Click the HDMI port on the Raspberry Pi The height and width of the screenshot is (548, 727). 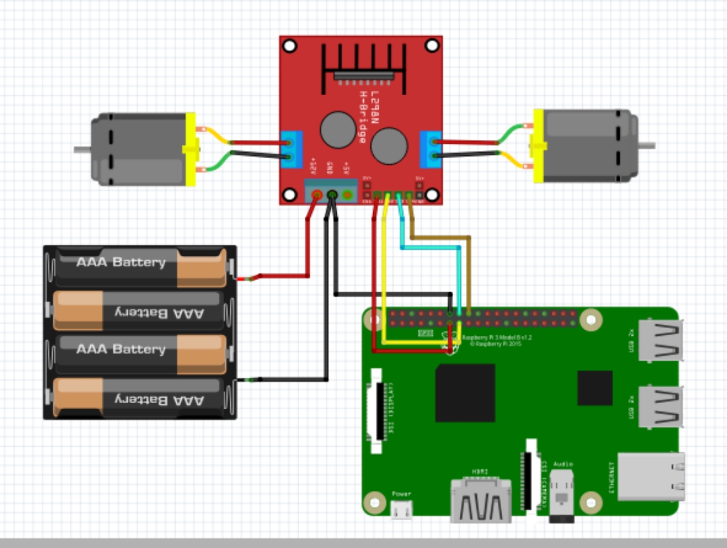pos(480,501)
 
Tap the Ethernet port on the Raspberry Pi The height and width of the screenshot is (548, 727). pos(651,476)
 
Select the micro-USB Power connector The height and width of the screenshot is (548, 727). pos(401,511)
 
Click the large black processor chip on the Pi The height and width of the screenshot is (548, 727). pos(465,393)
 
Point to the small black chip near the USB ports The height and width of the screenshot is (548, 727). pos(594,388)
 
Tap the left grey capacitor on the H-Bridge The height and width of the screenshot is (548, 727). pos(337,129)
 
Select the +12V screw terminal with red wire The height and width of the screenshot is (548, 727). pos(316,195)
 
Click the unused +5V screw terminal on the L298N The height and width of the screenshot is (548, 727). pos(348,195)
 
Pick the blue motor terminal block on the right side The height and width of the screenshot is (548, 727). pos(431,149)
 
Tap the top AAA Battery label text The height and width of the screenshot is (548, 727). pos(121,262)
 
